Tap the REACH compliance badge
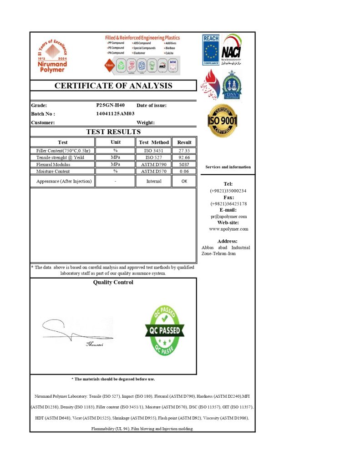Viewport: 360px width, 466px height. (x=211, y=51)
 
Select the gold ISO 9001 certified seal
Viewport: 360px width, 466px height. (x=223, y=121)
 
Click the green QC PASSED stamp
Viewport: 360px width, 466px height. (x=165, y=330)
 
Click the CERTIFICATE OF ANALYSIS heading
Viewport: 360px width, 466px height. (x=113, y=86)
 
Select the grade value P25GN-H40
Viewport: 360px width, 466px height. (x=111, y=105)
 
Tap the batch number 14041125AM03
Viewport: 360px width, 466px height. (x=115, y=114)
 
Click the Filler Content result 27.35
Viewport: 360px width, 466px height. (x=184, y=151)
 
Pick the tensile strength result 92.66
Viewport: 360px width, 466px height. (x=184, y=157)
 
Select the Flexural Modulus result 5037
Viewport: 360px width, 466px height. (x=184, y=164)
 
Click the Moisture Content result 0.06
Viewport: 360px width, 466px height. (x=184, y=172)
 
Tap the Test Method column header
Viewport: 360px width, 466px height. (x=154, y=142)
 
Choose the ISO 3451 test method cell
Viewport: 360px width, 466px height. (x=154, y=151)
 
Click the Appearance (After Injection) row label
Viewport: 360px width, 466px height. (x=64, y=181)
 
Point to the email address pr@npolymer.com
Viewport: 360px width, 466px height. (x=228, y=217)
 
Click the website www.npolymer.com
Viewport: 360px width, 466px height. (x=228, y=229)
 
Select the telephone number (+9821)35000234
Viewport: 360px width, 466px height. (x=228, y=191)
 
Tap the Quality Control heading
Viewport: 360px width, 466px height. (x=113, y=283)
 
